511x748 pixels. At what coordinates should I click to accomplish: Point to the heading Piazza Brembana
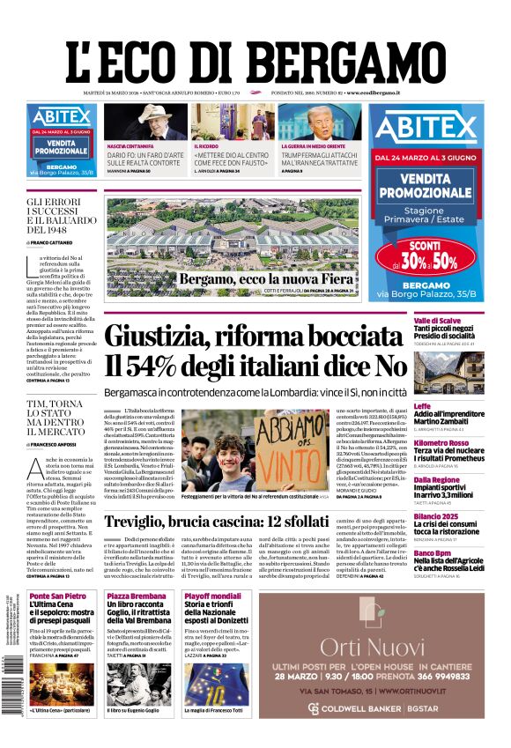click(x=137, y=596)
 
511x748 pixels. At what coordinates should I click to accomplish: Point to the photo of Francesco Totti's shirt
click(x=217, y=685)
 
